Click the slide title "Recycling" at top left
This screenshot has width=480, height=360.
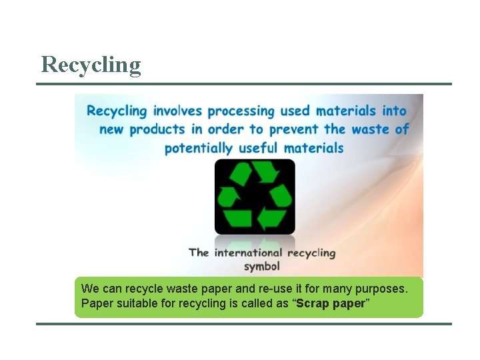tap(91, 65)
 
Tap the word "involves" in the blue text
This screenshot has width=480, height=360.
tap(178, 111)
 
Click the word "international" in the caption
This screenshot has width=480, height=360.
tap(249, 253)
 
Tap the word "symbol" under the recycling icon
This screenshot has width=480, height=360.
tap(261, 266)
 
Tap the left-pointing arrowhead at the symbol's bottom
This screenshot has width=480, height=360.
tap(269, 219)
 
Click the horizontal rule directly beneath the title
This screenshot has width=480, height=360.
tap(244, 84)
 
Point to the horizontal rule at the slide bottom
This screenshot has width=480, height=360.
tap(244, 324)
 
